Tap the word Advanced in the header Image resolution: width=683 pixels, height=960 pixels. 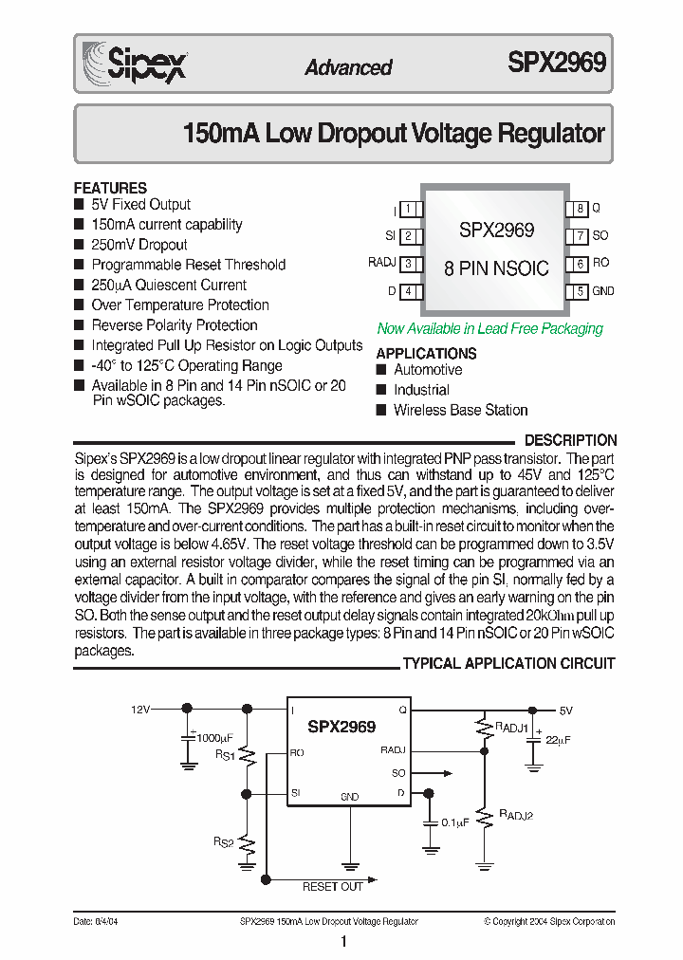tap(348, 67)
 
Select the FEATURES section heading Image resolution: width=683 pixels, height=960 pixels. tap(110, 188)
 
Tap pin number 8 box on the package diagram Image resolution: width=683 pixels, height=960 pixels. tap(576, 209)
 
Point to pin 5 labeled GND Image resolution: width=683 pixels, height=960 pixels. tap(603, 292)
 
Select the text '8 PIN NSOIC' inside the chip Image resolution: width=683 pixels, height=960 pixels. tap(496, 268)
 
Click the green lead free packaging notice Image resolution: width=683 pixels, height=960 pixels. tap(489, 328)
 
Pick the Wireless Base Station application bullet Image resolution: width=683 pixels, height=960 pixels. tap(460, 410)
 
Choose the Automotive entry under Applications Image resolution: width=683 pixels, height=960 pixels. tap(428, 370)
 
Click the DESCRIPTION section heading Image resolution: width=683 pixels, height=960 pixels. tap(570, 440)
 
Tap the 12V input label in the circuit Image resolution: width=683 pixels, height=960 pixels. tap(140, 709)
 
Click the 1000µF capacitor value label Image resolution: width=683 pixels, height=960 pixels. tap(213, 737)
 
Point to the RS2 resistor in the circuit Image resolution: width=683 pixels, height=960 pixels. tap(247, 842)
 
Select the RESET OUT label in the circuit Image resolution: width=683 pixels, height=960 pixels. tap(332, 887)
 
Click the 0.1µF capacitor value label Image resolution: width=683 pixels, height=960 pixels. tap(455, 822)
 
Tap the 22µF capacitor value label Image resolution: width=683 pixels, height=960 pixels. tap(558, 739)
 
